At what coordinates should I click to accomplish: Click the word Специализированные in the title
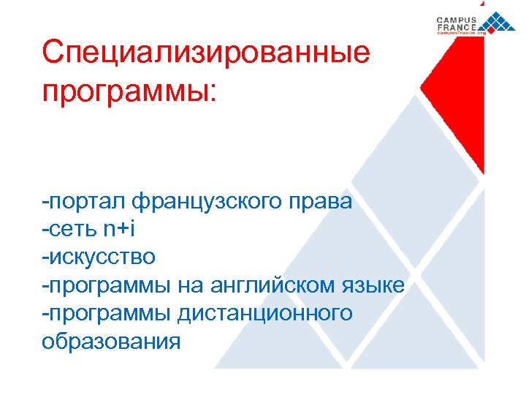pos(206,53)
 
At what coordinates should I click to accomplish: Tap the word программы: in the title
pos(129,93)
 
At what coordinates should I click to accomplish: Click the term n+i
pos(119,229)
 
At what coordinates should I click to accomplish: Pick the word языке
pos(376,285)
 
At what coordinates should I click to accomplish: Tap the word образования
pos(111,341)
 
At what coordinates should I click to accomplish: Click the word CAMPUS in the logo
pos(457,20)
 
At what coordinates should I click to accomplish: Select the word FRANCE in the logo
pos(457,27)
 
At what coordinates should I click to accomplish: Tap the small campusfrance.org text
pos(462,34)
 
